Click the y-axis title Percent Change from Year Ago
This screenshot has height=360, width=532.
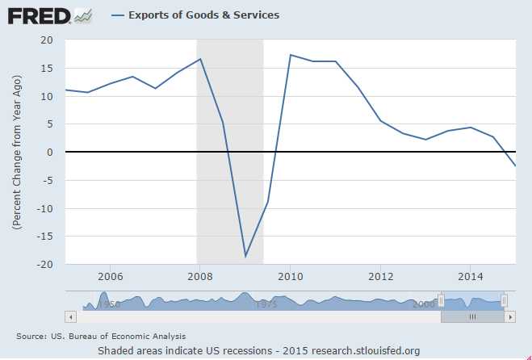(x=16, y=152)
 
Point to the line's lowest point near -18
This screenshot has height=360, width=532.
(x=245, y=257)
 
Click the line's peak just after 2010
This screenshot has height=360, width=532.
(x=291, y=55)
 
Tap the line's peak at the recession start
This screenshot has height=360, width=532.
(x=200, y=59)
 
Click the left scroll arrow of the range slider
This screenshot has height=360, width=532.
(x=71, y=317)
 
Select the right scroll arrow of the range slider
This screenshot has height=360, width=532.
(x=510, y=317)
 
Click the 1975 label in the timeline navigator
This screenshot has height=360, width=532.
(x=266, y=305)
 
